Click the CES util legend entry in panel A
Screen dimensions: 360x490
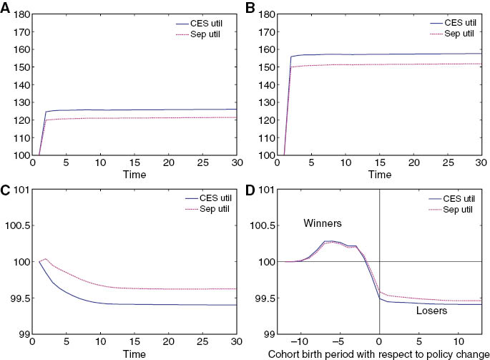207,23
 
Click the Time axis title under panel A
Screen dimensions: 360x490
134,174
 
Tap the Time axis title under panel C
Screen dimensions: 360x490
134,354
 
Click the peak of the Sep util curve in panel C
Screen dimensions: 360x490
46,258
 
